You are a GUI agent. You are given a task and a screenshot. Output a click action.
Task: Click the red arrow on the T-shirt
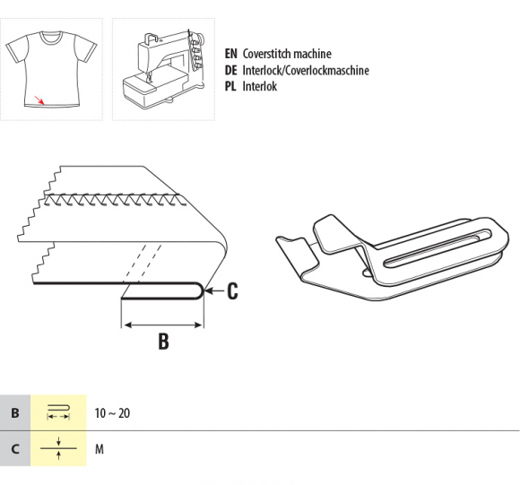tap(39, 100)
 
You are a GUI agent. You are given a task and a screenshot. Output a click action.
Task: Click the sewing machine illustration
tap(163, 69)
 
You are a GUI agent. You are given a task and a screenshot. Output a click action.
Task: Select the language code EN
tap(230, 54)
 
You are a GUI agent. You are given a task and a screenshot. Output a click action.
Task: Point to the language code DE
tap(230, 70)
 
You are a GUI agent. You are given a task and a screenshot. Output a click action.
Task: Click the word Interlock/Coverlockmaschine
tap(306, 70)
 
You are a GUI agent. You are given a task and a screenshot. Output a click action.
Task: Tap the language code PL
tap(230, 87)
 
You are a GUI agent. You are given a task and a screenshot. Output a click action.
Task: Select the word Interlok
tap(260, 87)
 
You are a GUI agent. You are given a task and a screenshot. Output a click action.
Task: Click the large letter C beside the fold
tap(232, 290)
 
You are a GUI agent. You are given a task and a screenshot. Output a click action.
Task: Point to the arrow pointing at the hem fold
tap(215, 290)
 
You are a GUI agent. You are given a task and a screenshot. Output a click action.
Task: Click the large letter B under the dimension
tap(163, 341)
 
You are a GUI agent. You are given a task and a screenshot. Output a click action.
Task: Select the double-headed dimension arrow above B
tap(162, 325)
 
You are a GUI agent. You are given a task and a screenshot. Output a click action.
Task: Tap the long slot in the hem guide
tap(438, 247)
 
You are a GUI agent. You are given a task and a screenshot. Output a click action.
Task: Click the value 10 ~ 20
tap(112, 413)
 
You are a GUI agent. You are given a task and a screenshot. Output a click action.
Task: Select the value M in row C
tap(100, 449)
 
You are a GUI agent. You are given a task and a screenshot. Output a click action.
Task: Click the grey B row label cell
tap(15, 412)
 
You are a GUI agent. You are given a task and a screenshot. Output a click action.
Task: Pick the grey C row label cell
tap(15, 448)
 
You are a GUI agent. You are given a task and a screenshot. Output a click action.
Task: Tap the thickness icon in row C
tap(58, 448)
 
